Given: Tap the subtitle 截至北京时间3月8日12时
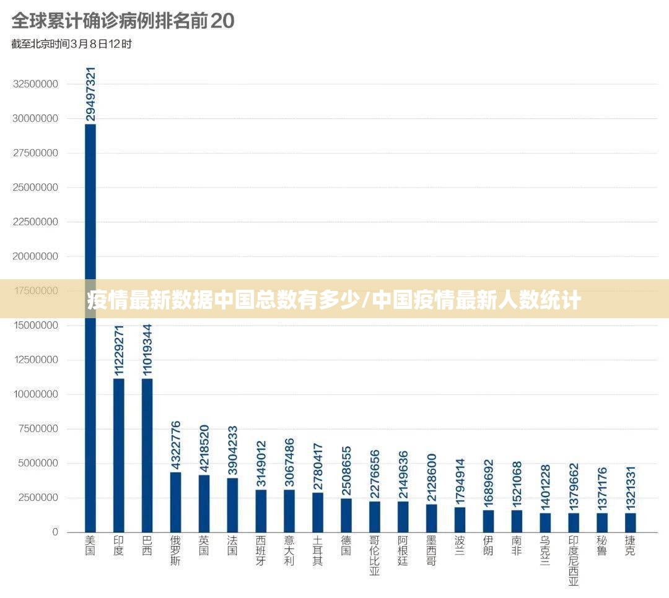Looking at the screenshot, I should point(71,44).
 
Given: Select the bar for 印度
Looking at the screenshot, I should point(118,455).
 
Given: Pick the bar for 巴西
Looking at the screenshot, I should point(147,455).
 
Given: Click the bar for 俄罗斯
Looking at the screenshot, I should point(175,502).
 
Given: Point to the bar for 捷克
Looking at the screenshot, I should point(630,522).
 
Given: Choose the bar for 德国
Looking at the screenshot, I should point(346,515).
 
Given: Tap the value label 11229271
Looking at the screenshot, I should point(119,350).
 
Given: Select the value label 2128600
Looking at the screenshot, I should point(431,477).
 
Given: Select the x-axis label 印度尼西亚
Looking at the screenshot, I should point(573,561).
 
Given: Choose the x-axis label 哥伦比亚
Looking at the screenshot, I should point(374,556).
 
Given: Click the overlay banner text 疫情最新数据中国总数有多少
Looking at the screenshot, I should point(223,301).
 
